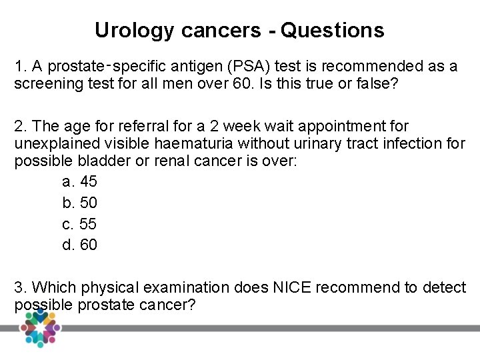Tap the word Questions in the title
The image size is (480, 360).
[333, 31]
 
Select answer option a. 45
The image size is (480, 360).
[79, 181]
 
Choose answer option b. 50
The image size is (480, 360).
[79, 203]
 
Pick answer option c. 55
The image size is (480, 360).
[79, 224]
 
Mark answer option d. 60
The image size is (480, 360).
[79, 245]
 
